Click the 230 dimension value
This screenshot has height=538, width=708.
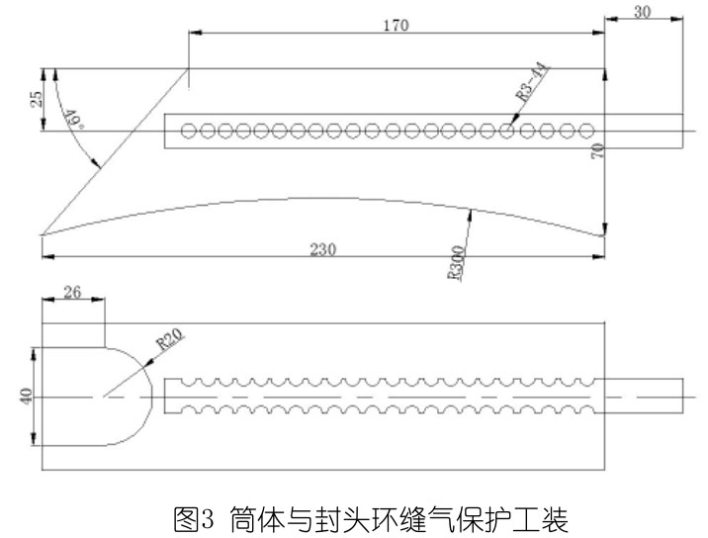coord(321,249)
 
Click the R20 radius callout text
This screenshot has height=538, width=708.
coord(170,343)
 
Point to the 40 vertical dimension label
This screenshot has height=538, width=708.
coord(28,397)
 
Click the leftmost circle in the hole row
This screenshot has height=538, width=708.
coord(187,130)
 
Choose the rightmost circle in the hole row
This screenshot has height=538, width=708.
coord(586,130)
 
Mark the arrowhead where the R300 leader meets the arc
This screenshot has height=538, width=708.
coord(471,212)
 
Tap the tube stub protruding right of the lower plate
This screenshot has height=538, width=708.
coord(643,396)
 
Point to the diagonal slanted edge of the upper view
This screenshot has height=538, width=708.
coord(114,153)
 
